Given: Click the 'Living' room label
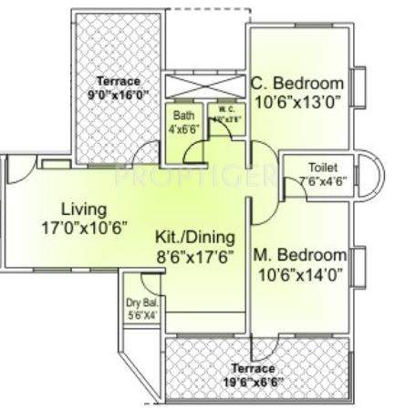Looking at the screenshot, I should coord(77,207).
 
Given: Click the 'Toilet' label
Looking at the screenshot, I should coord(297,168).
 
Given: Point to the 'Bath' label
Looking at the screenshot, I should coord(184,116).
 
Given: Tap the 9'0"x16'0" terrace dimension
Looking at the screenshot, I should coord(118,94).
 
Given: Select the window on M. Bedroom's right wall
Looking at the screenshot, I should coord(359,265).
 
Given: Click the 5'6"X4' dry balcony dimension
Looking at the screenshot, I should coord(140,316).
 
